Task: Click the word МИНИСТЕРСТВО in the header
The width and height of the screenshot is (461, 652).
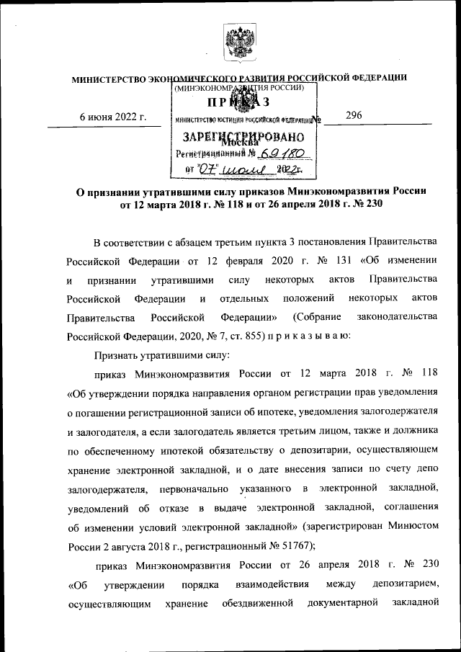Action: [x=109, y=78]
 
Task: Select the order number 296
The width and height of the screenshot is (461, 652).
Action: [x=354, y=115]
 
